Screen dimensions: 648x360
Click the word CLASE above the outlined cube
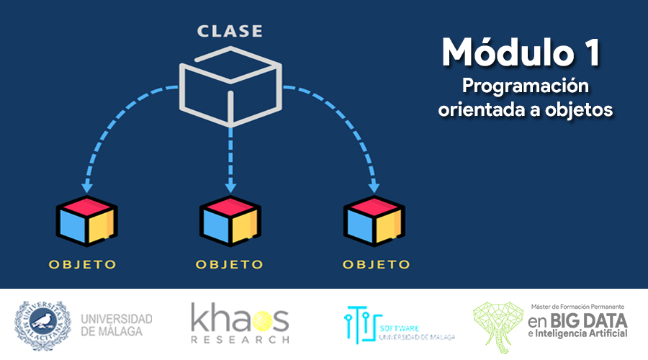pos(230,31)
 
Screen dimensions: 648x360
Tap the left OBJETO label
pos(83,264)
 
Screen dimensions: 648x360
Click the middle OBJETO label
pos(230,264)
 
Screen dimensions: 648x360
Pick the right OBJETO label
pos(377,264)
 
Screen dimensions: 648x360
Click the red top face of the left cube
pos(87,205)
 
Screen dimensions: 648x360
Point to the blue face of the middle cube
pos(216,227)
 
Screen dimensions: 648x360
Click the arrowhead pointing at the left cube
pos(87,186)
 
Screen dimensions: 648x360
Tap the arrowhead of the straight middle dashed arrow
pos(230,186)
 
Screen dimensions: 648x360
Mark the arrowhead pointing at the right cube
pos(374,186)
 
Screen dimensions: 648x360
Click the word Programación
pos(526,86)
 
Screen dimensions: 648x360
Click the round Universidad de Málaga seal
pos(42,325)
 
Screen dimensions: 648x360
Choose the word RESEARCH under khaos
pos(240,340)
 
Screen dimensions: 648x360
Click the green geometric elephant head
pos(498,328)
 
